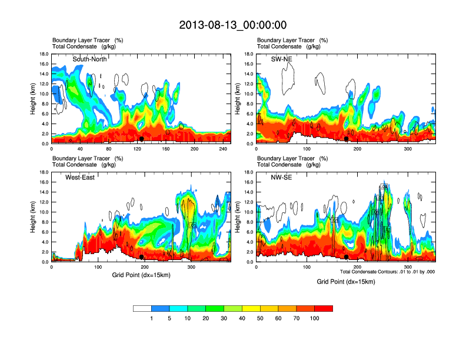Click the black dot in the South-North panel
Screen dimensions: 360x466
click(141, 139)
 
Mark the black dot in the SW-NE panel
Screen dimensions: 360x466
click(347, 139)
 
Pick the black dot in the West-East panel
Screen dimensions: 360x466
click(142, 257)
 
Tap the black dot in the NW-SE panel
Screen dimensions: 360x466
click(347, 257)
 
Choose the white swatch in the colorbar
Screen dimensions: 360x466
click(142, 308)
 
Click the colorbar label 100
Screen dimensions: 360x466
click(315, 318)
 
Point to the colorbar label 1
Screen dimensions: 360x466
click(151, 318)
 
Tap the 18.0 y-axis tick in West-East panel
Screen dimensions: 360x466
click(44, 172)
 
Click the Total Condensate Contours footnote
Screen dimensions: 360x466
click(387, 271)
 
